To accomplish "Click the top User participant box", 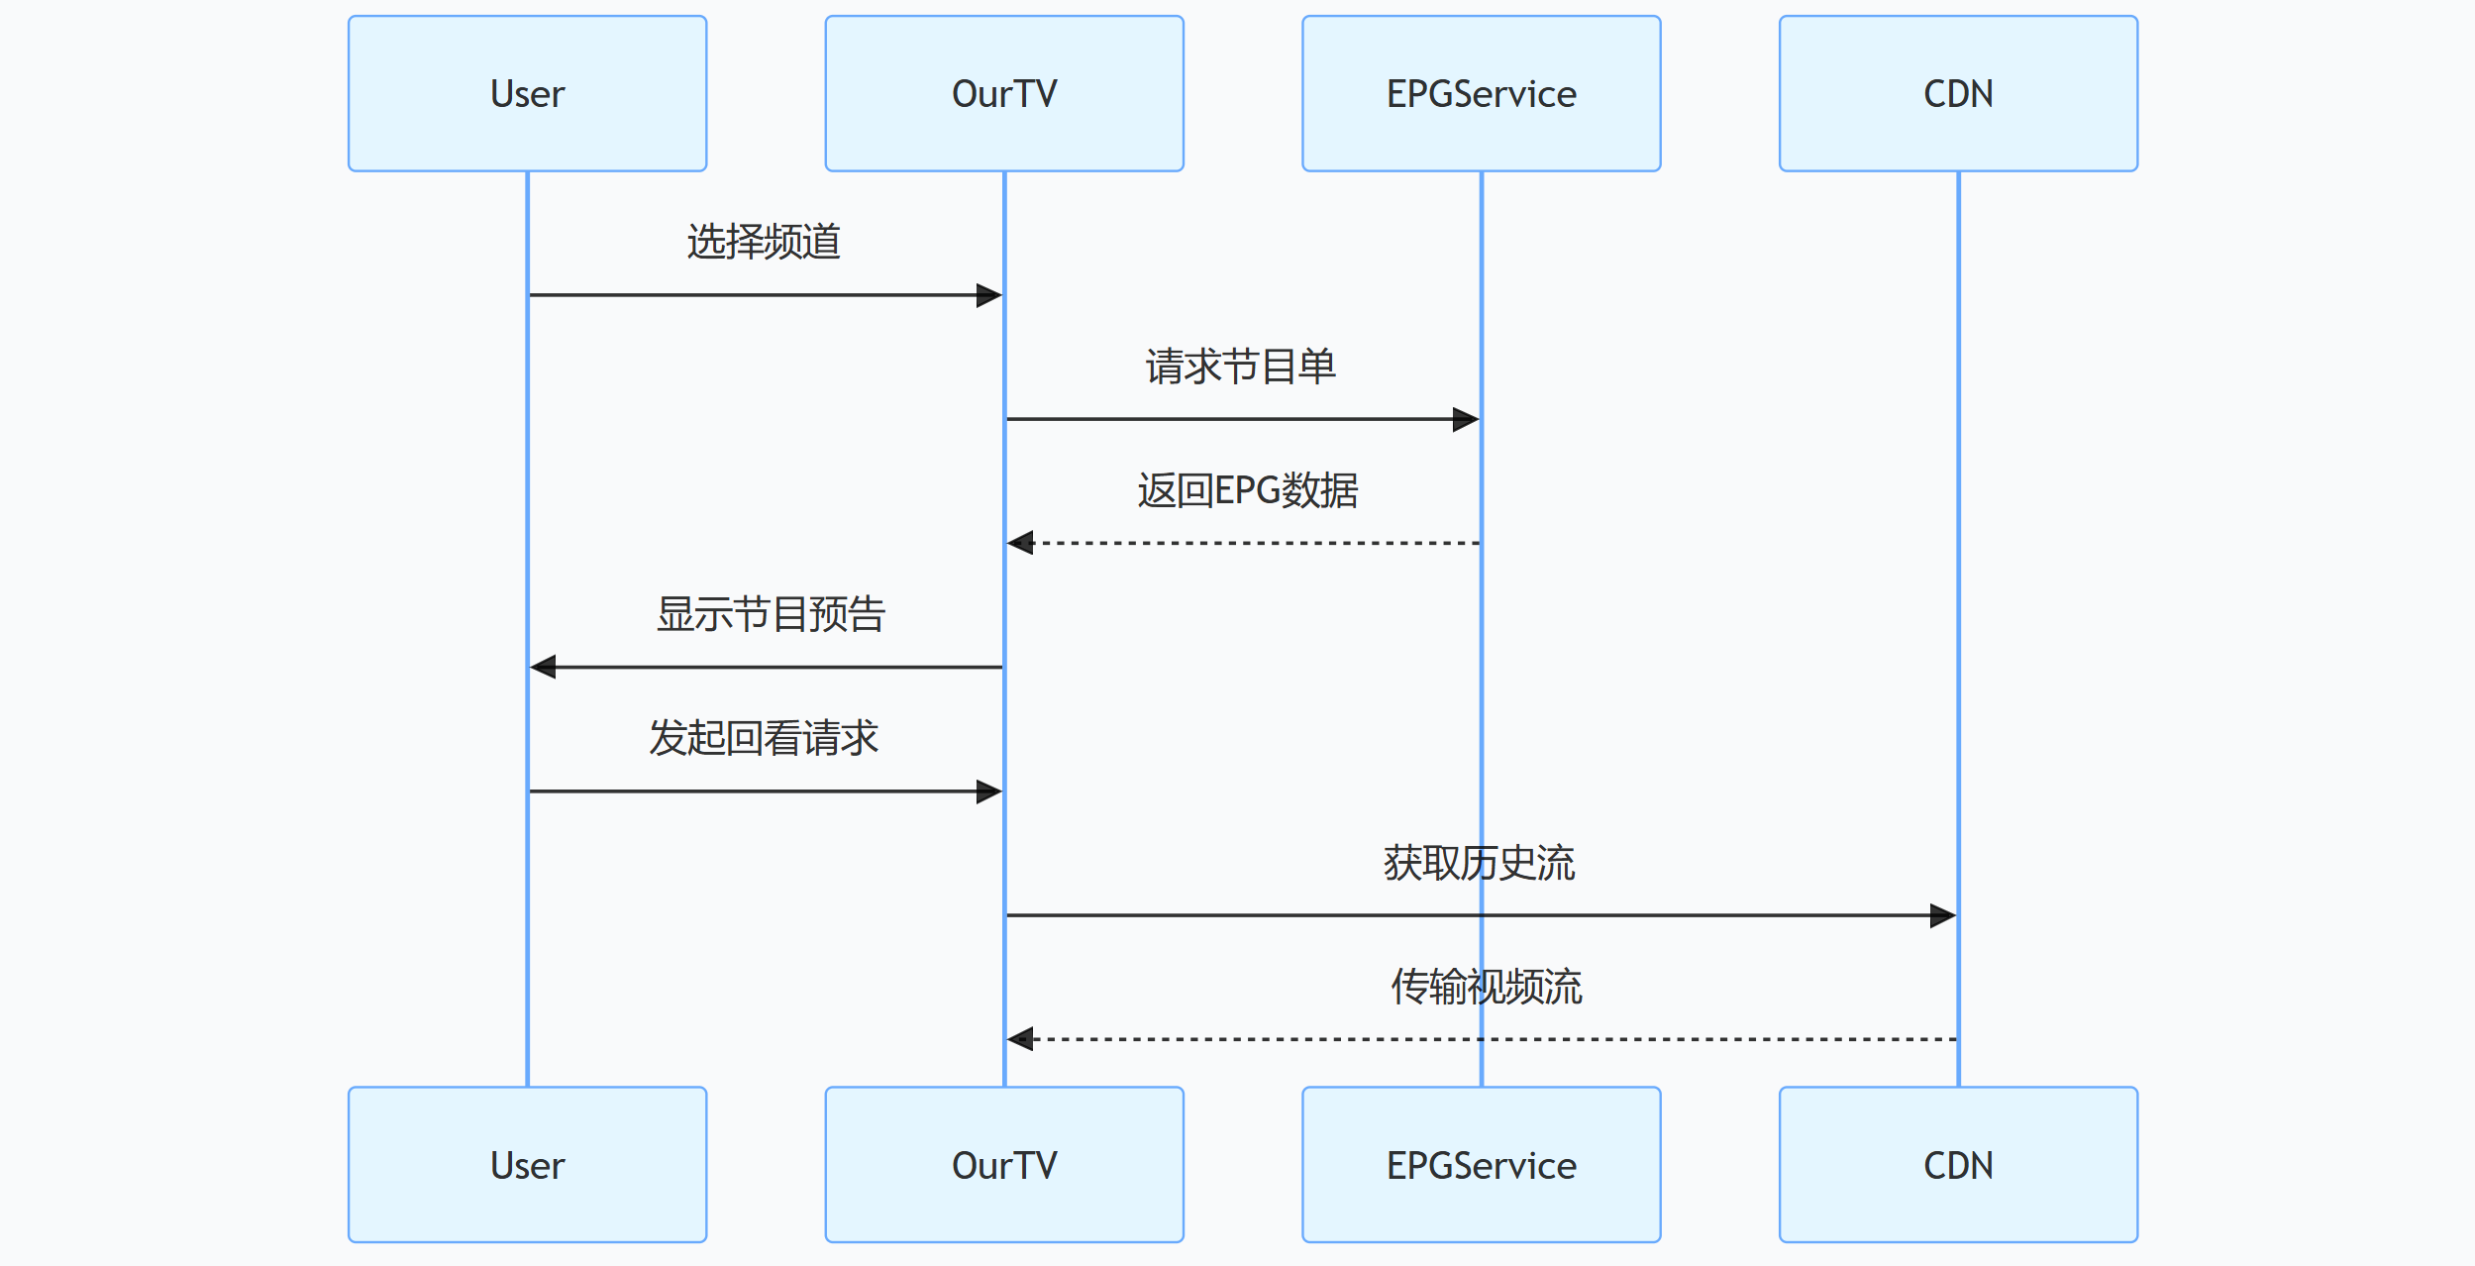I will pyautogui.click(x=527, y=93).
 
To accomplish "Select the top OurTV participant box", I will pyautogui.click(x=1003, y=93).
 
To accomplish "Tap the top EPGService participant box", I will pyautogui.click(x=1481, y=93).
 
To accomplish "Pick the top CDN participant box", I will pyautogui.click(x=1957, y=93).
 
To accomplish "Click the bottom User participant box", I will pyautogui.click(x=527, y=1164).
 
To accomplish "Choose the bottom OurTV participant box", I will pyautogui.click(x=1003, y=1164).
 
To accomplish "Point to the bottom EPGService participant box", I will pyautogui.click(x=1481, y=1164).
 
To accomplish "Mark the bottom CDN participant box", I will pyautogui.click(x=1957, y=1164).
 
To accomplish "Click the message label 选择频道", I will pyautogui.click(x=764, y=242).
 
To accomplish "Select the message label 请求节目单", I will pyautogui.click(x=1241, y=367).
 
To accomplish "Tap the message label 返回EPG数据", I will pyautogui.click(x=1247, y=490).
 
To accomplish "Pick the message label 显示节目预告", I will pyautogui.click(x=771, y=614).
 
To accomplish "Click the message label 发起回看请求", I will pyautogui.click(x=764, y=738).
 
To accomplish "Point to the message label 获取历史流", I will pyautogui.click(x=1479, y=863).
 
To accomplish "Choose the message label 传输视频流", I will pyautogui.click(x=1486, y=987).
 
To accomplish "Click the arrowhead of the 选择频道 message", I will pyautogui.click(x=989, y=295).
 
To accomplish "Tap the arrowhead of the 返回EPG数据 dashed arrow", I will pyautogui.click(x=1020, y=543).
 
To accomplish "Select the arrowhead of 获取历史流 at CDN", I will pyautogui.click(x=1943, y=915).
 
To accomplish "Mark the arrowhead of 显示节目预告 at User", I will pyautogui.click(x=543, y=667).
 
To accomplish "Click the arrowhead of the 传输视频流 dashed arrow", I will pyautogui.click(x=1020, y=1039).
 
